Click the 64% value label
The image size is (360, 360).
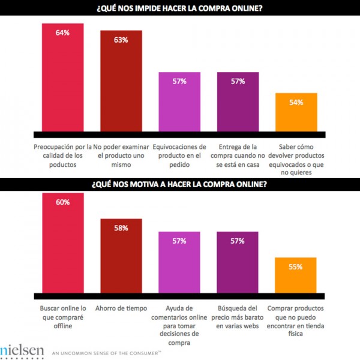[x=62, y=32]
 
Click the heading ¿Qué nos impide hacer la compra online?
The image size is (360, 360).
[x=179, y=9]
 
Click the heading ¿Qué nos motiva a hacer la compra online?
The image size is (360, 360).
[x=179, y=184]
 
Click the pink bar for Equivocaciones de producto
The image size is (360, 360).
[x=179, y=101]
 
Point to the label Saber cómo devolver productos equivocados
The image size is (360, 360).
[x=296, y=157]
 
